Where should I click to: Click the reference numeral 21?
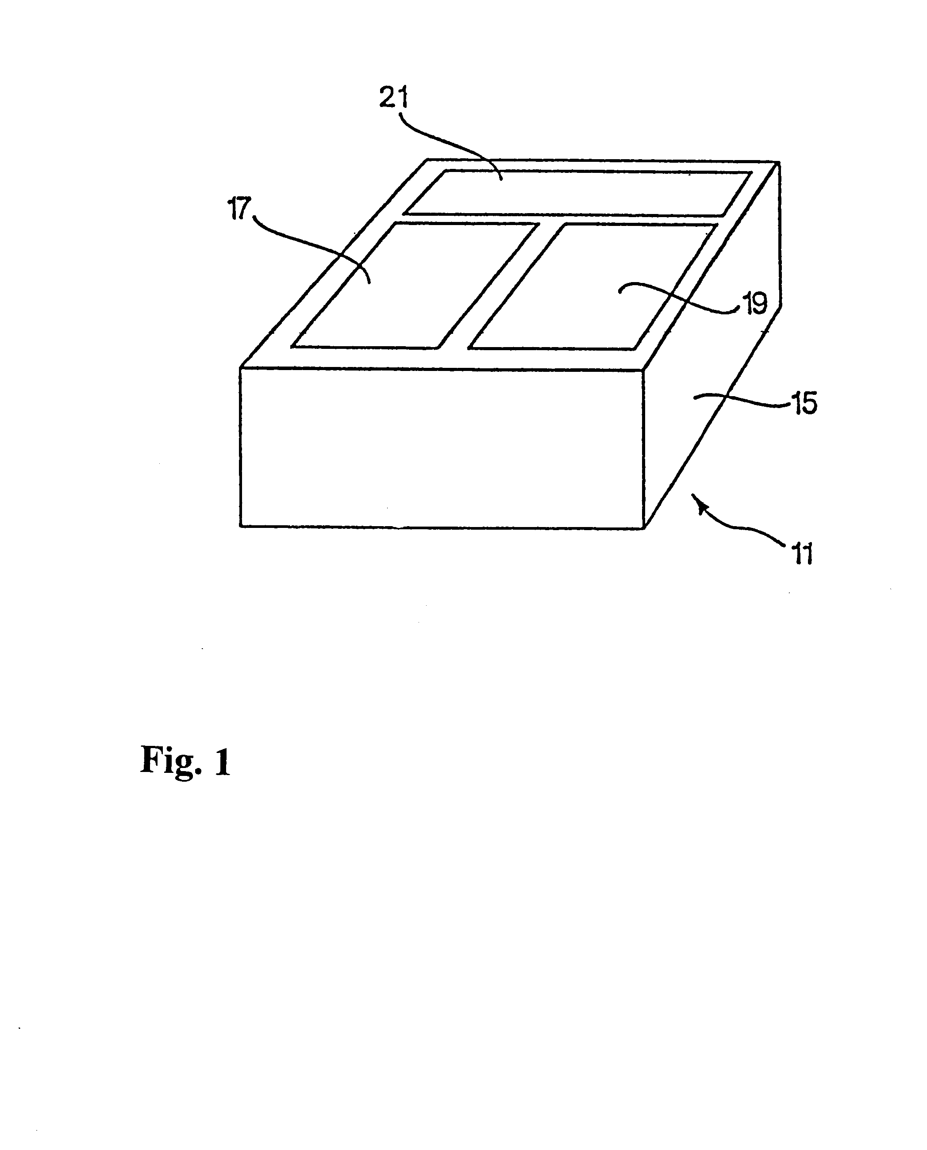[393, 98]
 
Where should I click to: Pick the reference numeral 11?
[803, 554]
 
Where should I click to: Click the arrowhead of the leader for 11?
[697, 500]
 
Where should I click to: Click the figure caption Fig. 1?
[185, 760]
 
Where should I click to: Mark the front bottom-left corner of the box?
[241, 526]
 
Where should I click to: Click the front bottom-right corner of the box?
[645, 528]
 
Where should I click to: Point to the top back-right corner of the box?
[779, 162]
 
